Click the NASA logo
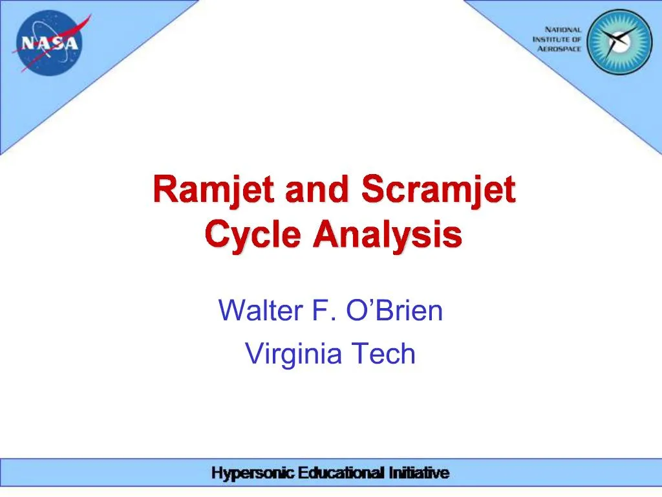pos(50,43)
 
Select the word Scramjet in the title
pos(438,191)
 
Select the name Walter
pos(261,311)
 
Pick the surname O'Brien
pos(395,311)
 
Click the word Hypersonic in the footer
pos(253,474)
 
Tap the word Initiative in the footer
pos(418,474)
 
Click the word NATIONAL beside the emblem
pos(563,30)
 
